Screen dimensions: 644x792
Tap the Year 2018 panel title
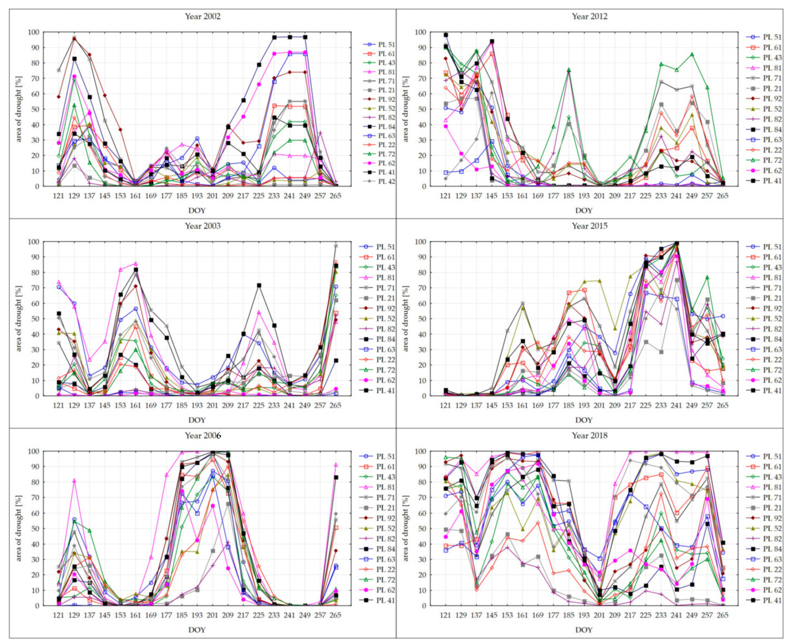pos(589,436)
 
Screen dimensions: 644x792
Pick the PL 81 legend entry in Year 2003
pos(385,277)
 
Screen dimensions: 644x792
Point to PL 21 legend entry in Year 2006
pos(385,508)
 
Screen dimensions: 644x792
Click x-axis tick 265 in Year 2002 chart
pos(335,196)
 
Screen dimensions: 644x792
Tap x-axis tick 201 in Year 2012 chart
pos(599,196)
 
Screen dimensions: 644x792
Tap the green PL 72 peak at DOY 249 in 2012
pos(692,54)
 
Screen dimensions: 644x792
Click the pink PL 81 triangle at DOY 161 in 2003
pos(136,264)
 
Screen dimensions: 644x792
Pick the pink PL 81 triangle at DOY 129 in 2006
pos(74,481)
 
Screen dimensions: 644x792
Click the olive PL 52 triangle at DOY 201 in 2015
pos(599,281)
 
